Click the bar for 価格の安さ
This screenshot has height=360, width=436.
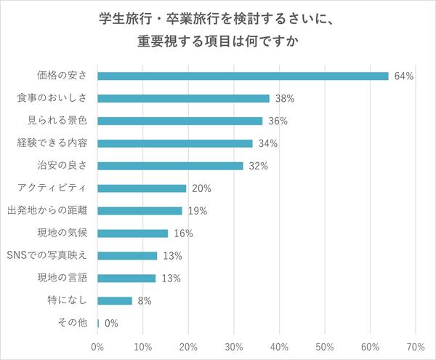click(x=243, y=76)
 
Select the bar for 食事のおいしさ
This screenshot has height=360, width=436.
click(x=183, y=98)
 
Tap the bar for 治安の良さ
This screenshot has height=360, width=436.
click(x=170, y=166)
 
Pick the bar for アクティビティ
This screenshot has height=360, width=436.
click(x=142, y=188)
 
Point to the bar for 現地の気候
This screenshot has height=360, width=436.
click(x=133, y=233)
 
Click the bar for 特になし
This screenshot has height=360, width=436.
click(x=115, y=300)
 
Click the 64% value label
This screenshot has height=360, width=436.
click(x=404, y=76)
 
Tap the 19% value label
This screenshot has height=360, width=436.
click(x=198, y=211)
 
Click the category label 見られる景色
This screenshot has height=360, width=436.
click(x=62, y=121)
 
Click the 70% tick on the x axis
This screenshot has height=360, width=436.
click(x=415, y=346)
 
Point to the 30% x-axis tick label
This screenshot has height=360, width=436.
click(x=234, y=346)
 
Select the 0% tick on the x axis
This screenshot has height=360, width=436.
click(x=97, y=346)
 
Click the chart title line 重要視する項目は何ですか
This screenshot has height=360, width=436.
click(x=218, y=41)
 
